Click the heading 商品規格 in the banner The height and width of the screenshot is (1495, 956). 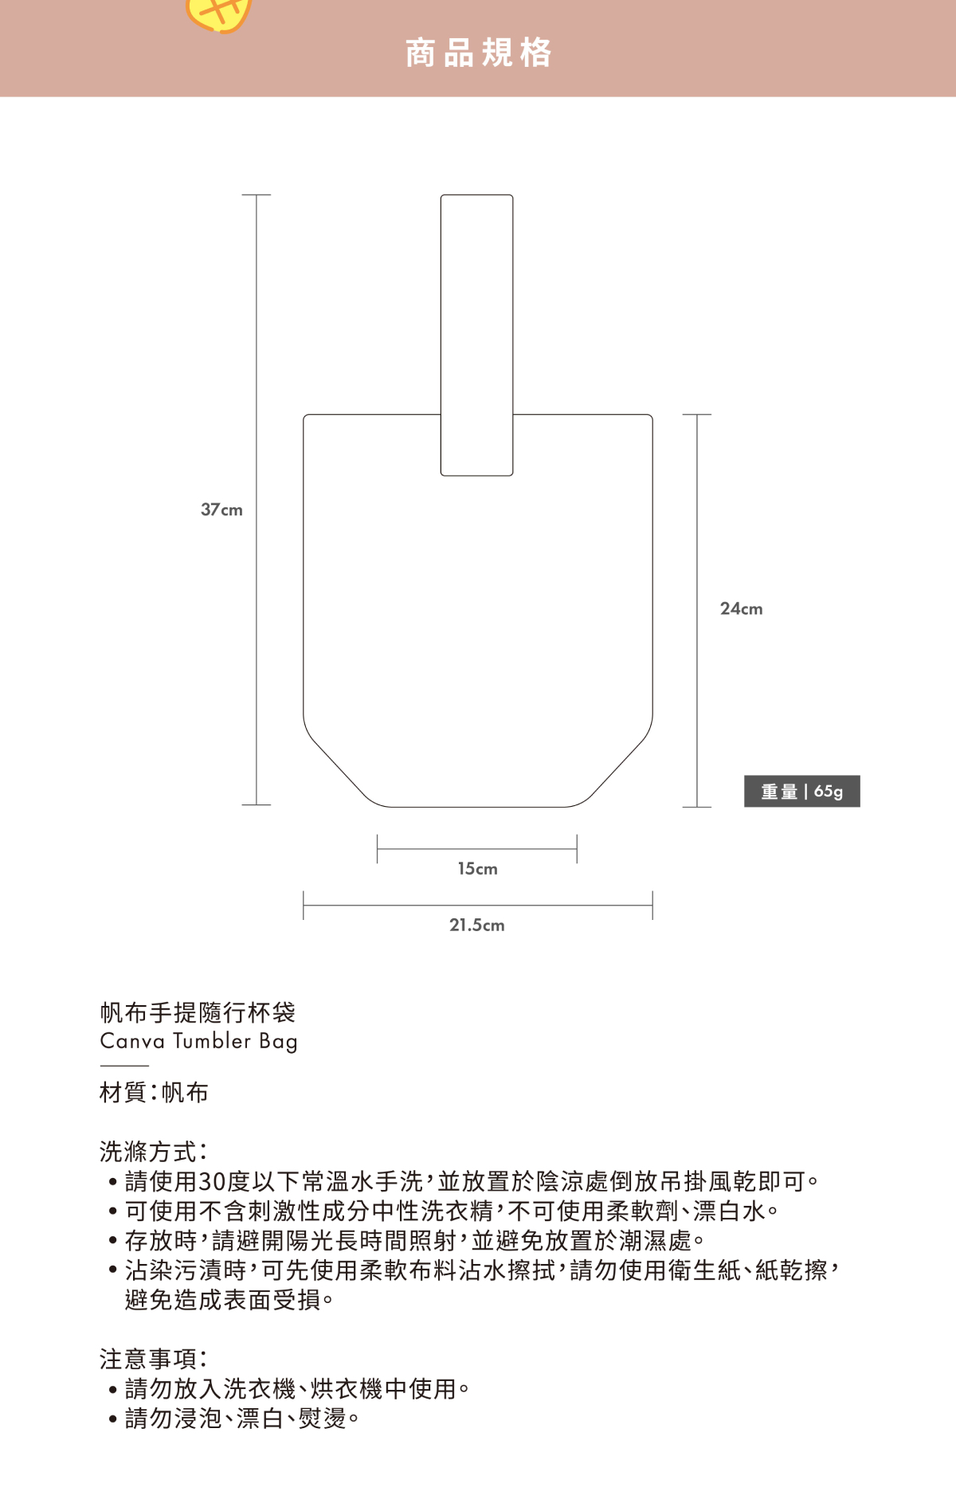tap(478, 53)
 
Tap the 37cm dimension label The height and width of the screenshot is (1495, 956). tap(221, 510)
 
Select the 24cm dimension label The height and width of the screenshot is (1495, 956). tap(741, 609)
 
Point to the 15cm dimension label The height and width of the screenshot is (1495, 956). tap(477, 869)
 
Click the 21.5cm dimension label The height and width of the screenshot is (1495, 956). tap(476, 926)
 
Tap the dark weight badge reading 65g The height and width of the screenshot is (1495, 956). tap(801, 791)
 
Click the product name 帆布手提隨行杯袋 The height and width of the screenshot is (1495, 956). tap(198, 1012)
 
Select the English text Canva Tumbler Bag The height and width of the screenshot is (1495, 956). tap(198, 1042)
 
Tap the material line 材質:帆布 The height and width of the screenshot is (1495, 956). tap(154, 1093)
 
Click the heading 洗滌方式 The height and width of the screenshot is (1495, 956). tap(153, 1152)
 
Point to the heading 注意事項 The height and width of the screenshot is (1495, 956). tap(153, 1359)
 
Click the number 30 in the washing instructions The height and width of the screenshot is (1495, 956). tap(212, 1181)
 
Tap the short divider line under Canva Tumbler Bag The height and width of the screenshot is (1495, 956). tap(124, 1066)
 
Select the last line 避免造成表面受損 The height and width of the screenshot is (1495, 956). tap(229, 1300)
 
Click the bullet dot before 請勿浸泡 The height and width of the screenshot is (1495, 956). tap(113, 1419)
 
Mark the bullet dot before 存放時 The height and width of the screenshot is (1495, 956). tap(113, 1241)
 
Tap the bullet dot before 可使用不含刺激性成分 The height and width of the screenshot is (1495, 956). tap(113, 1211)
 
